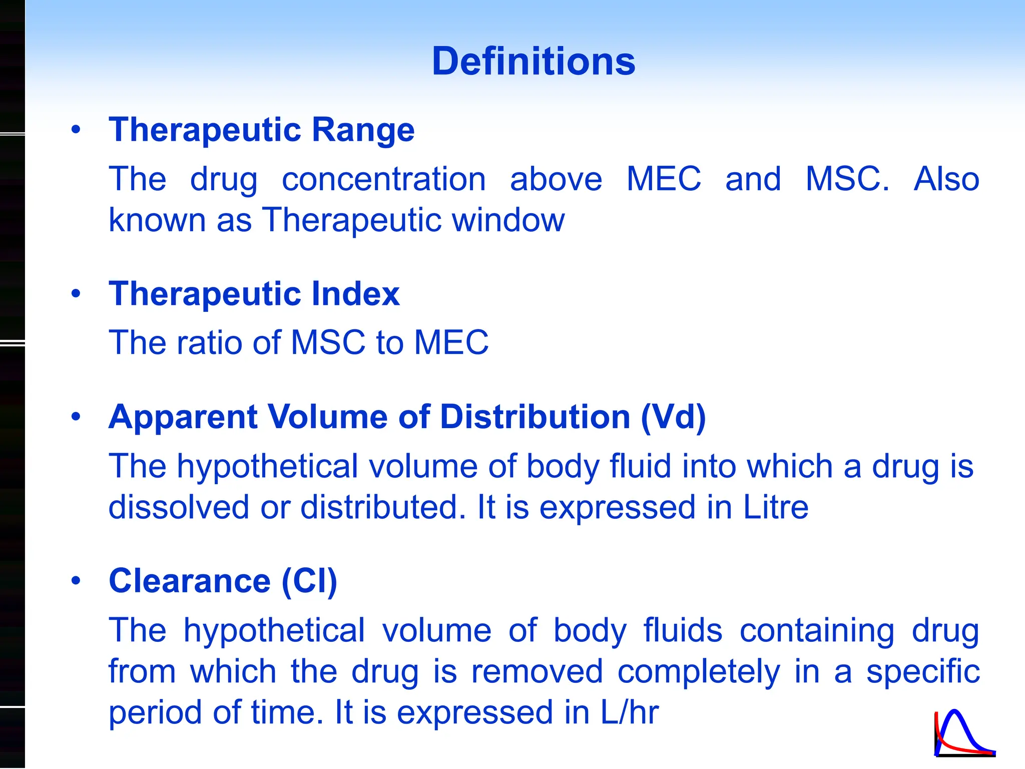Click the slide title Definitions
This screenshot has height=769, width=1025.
click(x=534, y=61)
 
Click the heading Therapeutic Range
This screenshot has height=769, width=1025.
click(x=262, y=130)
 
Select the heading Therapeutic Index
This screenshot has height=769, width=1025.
click(x=254, y=293)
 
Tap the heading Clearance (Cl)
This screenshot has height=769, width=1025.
click(x=223, y=581)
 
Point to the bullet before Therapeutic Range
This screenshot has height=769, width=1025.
click(x=76, y=130)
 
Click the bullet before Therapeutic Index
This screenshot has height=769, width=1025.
click(x=76, y=293)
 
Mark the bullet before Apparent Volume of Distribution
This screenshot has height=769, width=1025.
click(x=76, y=417)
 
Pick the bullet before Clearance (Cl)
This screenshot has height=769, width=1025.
click(x=76, y=581)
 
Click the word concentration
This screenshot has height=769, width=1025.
click(x=384, y=179)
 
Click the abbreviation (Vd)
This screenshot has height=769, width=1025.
click(x=674, y=417)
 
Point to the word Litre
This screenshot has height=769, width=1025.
click(x=776, y=507)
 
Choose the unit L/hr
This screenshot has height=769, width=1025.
click(x=630, y=712)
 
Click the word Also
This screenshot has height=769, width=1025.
click(x=946, y=179)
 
